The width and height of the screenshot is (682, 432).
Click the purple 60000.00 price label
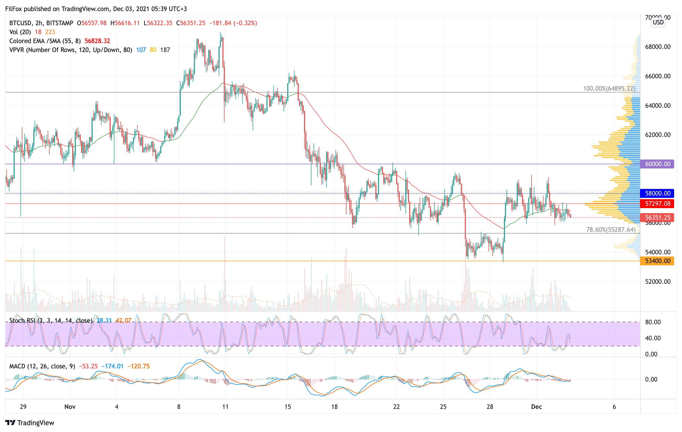pyautogui.click(x=657, y=164)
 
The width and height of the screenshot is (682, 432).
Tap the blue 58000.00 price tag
pyautogui.click(x=657, y=193)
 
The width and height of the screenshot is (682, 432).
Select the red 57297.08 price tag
pyautogui.click(x=657, y=204)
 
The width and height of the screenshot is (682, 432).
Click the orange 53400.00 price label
pyautogui.click(x=657, y=261)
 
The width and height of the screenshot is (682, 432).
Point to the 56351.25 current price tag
pyautogui.click(x=657, y=218)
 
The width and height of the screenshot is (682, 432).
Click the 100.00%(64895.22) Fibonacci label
pyautogui.click(x=609, y=89)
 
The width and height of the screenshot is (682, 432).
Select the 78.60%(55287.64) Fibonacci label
pyautogui.click(x=611, y=229)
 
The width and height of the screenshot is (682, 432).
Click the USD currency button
pyautogui.click(x=658, y=22)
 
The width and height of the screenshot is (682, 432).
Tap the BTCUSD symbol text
pyautogui.click(x=20, y=23)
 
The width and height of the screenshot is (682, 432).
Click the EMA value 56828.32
pyautogui.click(x=97, y=41)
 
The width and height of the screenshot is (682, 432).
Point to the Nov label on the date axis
pyautogui.click(x=70, y=407)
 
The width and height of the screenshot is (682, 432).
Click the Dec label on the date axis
pyautogui.click(x=536, y=407)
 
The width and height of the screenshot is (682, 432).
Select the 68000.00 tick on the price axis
pyautogui.click(x=658, y=47)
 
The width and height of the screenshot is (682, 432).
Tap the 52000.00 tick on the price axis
pyautogui.click(x=658, y=282)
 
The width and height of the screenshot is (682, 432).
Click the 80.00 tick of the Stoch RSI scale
pyautogui.click(x=653, y=322)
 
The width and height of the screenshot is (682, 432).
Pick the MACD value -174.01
pyautogui.click(x=113, y=366)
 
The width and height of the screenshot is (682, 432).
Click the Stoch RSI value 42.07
pyautogui.click(x=123, y=321)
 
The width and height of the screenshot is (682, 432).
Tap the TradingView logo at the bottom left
pyautogui.click(x=30, y=423)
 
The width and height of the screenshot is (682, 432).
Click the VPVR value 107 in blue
pyautogui.click(x=141, y=50)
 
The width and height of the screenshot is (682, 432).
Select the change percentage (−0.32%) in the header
pyautogui.click(x=245, y=23)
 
